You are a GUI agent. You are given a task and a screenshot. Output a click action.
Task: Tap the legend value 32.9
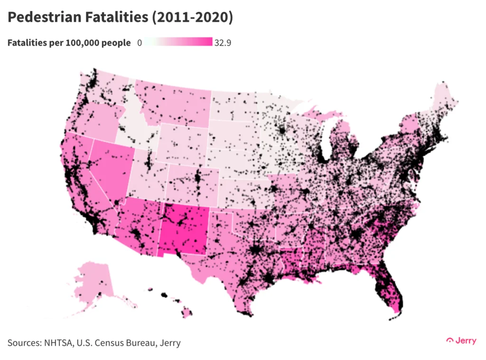[223, 43]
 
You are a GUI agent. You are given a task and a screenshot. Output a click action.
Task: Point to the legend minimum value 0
[140, 43]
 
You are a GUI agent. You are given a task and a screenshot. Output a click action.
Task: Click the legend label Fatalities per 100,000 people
[69, 43]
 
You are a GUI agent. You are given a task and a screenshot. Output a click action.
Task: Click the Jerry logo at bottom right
[461, 341]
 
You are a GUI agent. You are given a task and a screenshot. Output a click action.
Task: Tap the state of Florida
[389, 290]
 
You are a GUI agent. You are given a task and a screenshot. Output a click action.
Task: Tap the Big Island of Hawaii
[187, 313]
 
